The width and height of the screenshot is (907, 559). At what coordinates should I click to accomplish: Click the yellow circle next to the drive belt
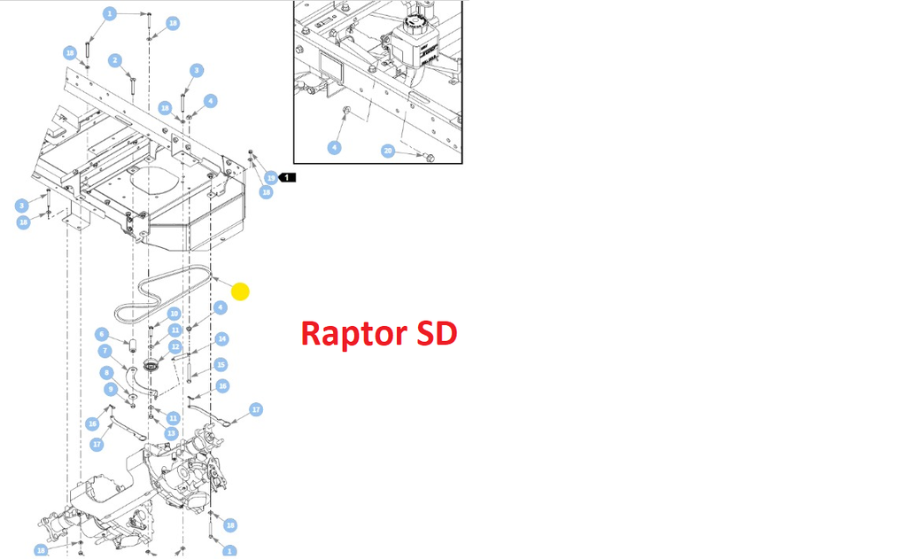[x=240, y=291]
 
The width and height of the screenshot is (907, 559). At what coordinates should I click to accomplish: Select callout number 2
[x=115, y=60]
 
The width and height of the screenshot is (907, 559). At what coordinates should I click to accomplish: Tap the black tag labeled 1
[x=289, y=177]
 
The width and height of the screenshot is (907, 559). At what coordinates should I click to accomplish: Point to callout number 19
[x=271, y=177]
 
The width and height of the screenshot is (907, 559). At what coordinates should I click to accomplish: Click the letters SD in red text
[x=436, y=334]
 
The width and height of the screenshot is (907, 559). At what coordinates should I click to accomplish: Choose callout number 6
[x=102, y=334]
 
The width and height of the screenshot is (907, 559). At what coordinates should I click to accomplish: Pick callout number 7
[x=105, y=351]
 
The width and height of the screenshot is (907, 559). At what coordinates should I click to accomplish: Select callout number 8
[x=106, y=372]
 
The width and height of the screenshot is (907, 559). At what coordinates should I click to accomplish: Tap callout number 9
[x=111, y=389]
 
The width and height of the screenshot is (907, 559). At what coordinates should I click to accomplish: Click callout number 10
[x=174, y=314]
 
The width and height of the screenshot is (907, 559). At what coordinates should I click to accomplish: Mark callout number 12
[x=175, y=346]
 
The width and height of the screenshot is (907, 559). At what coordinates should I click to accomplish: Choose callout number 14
[x=221, y=338]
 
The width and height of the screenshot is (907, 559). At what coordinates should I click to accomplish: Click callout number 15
[x=221, y=364]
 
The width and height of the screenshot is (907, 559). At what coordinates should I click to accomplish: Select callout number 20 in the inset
[x=387, y=151]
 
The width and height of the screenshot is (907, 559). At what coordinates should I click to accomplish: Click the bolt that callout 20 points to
[x=430, y=158]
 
